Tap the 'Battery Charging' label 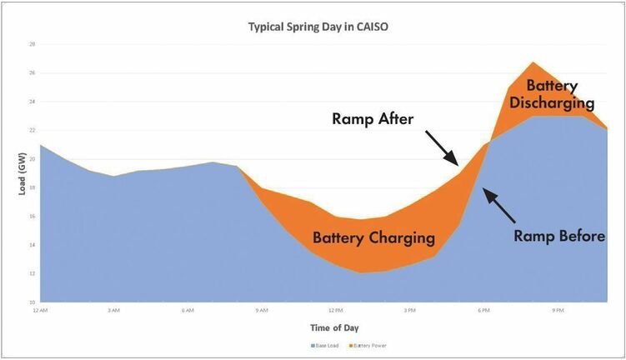click(x=373, y=237)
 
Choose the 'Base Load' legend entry click(x=325, y=345)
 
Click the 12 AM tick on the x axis click(x=40, y=309)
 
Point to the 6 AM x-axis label click(x=188, y=309)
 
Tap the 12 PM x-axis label click(x=336, y=309)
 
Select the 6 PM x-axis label click(x=483, y=309)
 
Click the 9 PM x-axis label click(x=558, y=309)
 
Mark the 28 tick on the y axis click(x=32, y=44)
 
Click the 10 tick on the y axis click(x=32, y=302)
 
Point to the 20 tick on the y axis click(x=32, y=158)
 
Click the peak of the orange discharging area click(x=533, y=62)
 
